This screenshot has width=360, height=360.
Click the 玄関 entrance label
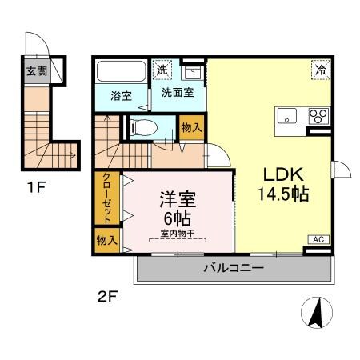pos(35,71)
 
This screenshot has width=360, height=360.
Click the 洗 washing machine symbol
pos(162,70)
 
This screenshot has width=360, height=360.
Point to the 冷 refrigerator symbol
pos(318,70)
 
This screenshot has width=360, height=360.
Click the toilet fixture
pos(144,126)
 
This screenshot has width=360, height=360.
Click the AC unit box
pos(318,238)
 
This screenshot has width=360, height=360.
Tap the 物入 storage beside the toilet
pos(190,128)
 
